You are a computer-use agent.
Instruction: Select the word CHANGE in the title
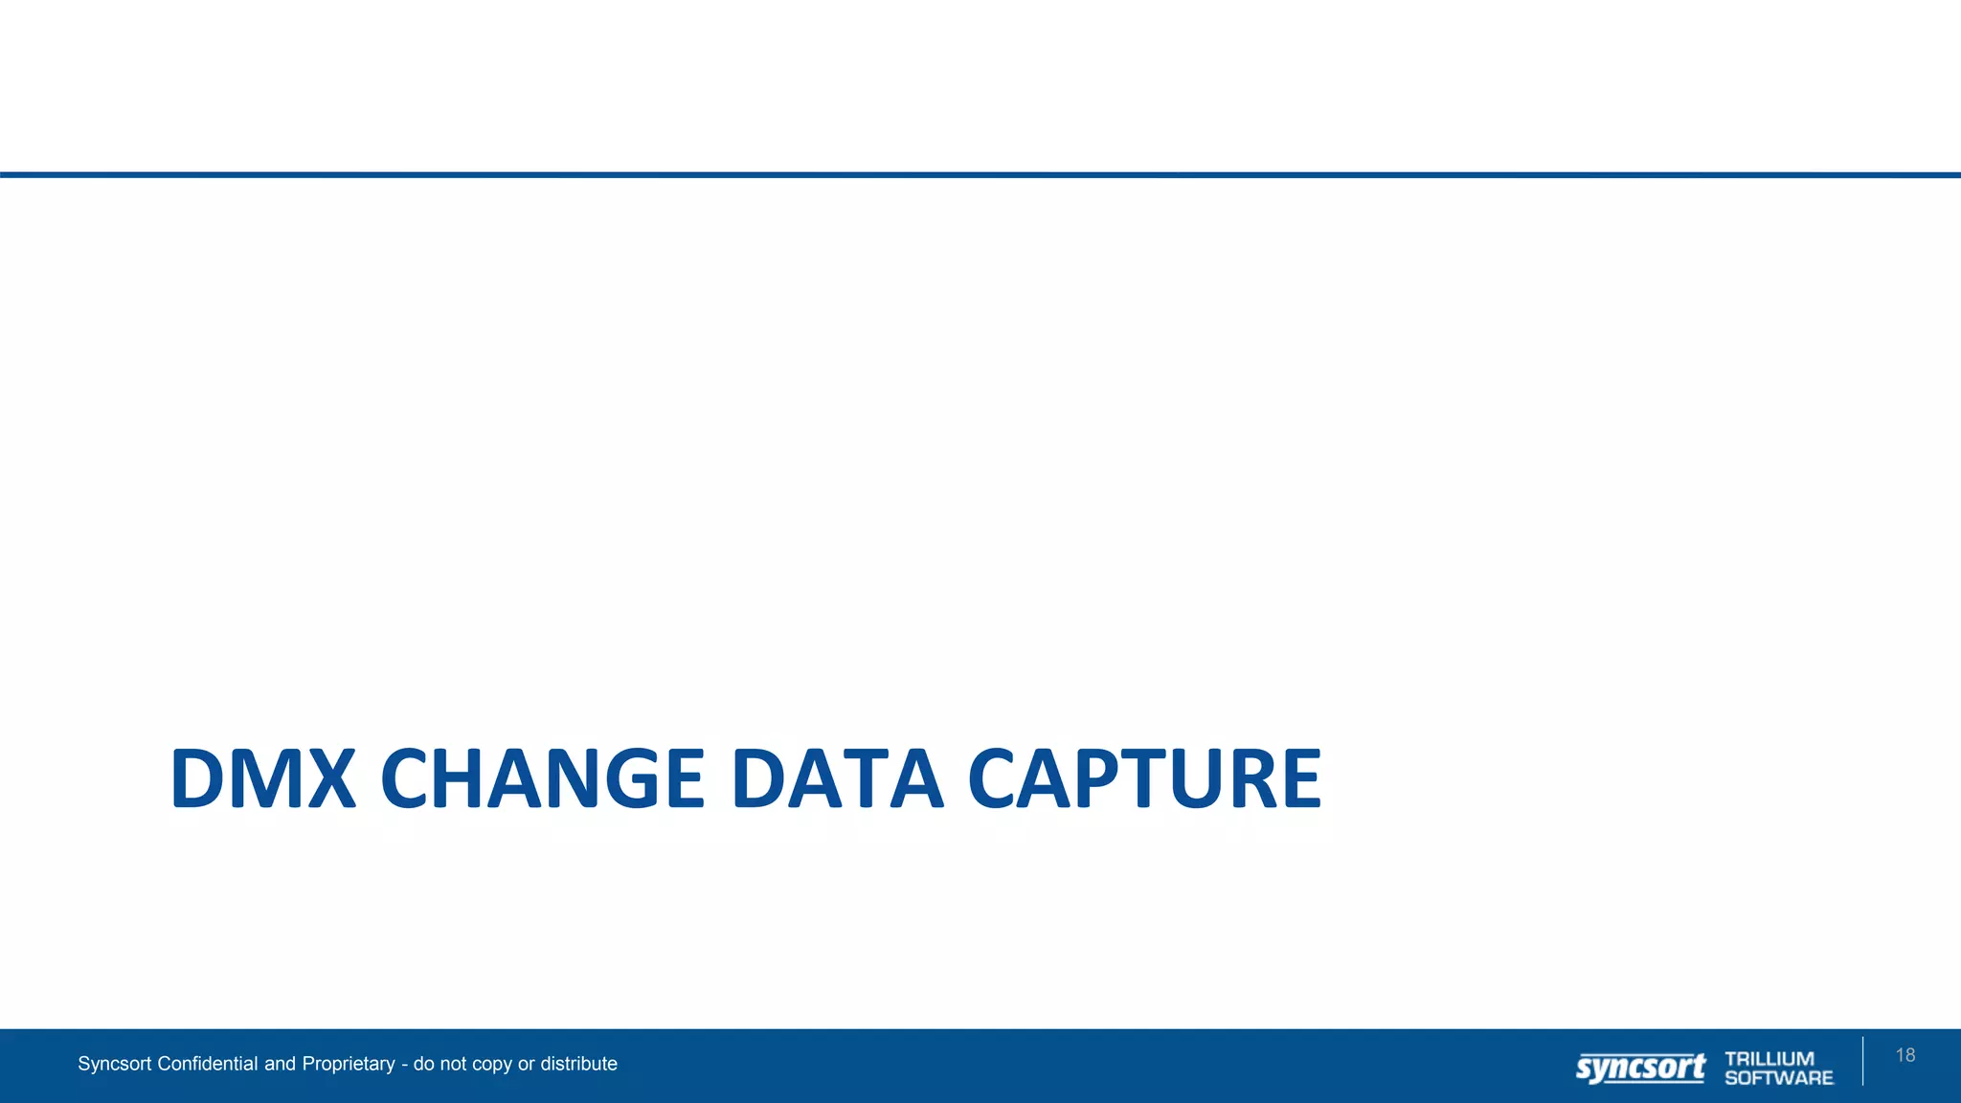click(x=543, y=778)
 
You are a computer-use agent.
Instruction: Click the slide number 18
click(x=1905, y=1055)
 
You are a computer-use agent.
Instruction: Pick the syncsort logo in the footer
click(x=1640, y=1068)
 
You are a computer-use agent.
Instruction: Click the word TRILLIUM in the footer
click(x=1769, y=1058)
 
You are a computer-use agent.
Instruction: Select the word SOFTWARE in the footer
click(x=1779, y=1078)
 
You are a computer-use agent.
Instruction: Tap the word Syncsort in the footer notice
click(x=115, y=1064)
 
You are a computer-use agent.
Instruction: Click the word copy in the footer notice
click(x=492, y=1065)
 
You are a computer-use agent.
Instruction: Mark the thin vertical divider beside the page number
click(x=1862, y=1061)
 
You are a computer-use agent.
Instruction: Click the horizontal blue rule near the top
click(x=980, y=175)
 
